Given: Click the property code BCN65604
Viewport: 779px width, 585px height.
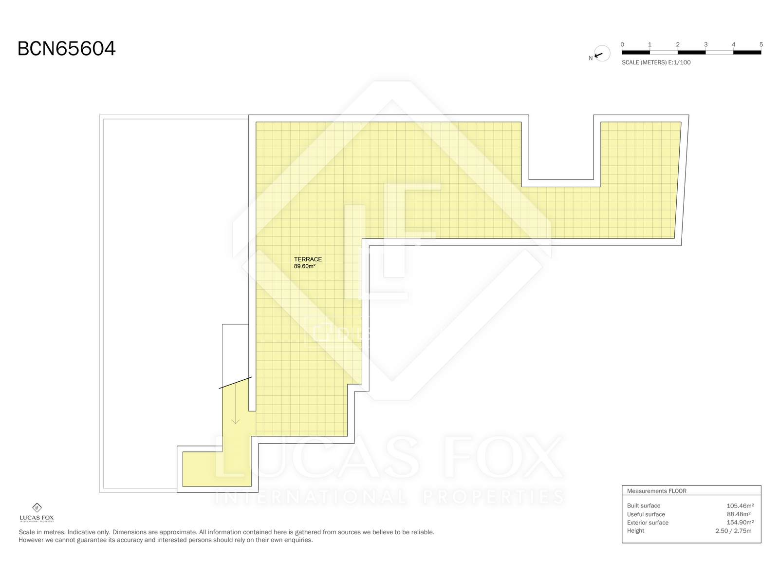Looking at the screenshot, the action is [66, 48].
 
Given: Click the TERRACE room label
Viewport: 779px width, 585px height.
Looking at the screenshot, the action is [308, 259].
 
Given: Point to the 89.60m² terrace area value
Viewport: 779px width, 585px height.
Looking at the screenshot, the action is [304, 266].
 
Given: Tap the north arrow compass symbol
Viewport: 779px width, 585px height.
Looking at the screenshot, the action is [602, 54].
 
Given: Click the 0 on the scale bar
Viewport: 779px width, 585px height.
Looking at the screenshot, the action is [622, 44].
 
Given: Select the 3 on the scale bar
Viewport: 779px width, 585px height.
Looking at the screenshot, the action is [705, 44].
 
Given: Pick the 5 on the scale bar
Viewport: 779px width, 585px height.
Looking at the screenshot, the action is [761, 44].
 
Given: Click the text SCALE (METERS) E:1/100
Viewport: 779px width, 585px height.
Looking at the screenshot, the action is [656, 62].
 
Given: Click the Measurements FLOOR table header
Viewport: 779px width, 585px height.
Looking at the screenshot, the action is [657, 491].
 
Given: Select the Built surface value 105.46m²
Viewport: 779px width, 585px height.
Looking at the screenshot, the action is [740, 506].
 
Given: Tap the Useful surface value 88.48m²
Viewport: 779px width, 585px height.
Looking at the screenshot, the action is [739, 514].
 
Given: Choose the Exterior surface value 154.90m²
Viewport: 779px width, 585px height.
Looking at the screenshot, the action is [740, 523].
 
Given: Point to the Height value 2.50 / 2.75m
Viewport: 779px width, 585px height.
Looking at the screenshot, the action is [733, 531].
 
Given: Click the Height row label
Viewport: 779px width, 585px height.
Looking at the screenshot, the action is [635, 531].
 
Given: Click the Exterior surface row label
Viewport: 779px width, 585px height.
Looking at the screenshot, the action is [648, 523].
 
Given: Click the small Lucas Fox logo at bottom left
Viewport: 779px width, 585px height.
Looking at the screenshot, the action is [37, 512].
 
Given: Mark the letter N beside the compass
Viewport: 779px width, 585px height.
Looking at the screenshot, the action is [591, 58].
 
